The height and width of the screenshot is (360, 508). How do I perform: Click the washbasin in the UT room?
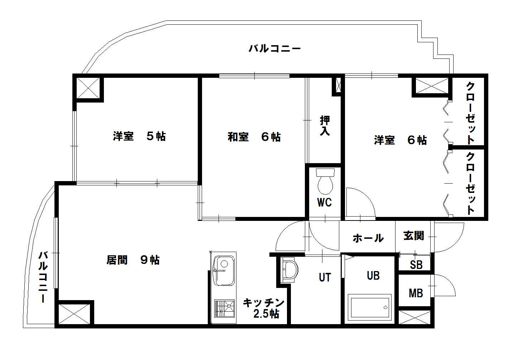pos(290,269)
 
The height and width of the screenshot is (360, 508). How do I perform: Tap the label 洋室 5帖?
pos(139,136)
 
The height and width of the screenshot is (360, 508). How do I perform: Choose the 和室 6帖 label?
pos(254,137)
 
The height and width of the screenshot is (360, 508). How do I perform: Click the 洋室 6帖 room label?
pos(401,140)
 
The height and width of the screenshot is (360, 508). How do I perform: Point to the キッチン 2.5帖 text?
pos(264,308)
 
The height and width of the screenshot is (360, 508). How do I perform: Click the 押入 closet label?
pos(325,125)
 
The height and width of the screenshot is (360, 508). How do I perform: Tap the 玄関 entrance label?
pos(414,236)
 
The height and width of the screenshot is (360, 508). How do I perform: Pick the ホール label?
pos(368,238)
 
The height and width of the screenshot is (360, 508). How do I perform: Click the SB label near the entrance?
pos(416,265)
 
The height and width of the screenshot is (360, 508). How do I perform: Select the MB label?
pos(416,293)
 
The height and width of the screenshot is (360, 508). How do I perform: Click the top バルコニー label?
pos(275,48)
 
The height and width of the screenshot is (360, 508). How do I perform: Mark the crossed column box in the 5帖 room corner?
pos(88,88)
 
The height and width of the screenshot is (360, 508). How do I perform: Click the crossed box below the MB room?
pos(415,318)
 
